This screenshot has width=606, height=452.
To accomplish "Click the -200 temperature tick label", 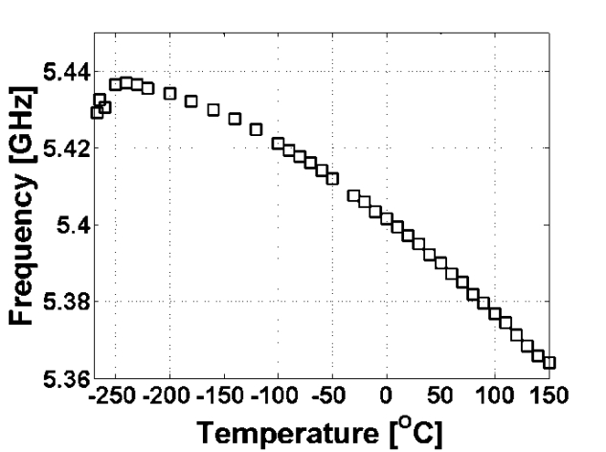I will point(169,395).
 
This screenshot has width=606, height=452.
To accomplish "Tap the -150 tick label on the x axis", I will point(224,395).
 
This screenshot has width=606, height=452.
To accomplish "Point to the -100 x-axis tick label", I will point(278,395).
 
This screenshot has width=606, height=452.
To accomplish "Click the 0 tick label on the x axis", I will point(386,395).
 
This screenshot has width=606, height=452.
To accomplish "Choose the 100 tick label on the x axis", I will point(494,395).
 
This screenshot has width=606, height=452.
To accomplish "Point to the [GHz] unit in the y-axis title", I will point(27,121).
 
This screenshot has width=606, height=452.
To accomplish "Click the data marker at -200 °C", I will point(170,93).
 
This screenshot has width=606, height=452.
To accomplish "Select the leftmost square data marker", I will point(97,112).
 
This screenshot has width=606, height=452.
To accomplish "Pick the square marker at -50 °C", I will point(333,178).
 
